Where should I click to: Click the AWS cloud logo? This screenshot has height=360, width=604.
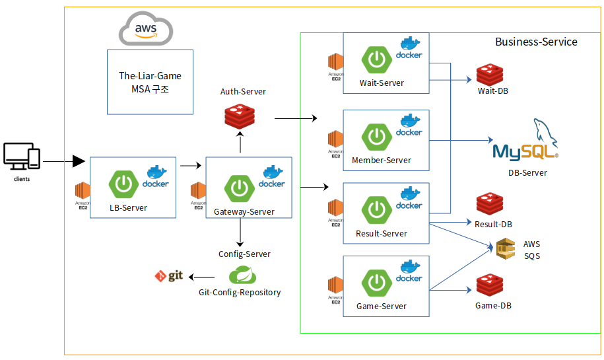click(145, 30)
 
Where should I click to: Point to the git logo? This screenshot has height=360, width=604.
click(168, 276)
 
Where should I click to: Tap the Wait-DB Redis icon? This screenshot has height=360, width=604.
click(489, 74)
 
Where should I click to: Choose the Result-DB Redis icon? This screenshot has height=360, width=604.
click(489, 205)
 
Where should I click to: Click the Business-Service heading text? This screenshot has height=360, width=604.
click(536, 42)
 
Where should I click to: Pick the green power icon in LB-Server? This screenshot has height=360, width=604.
click(123, 184)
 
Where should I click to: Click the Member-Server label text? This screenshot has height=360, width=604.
click(382, 160)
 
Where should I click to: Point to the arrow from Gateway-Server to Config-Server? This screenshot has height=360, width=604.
click(240, 232)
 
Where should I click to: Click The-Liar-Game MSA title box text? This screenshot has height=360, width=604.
click(150, 82)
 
